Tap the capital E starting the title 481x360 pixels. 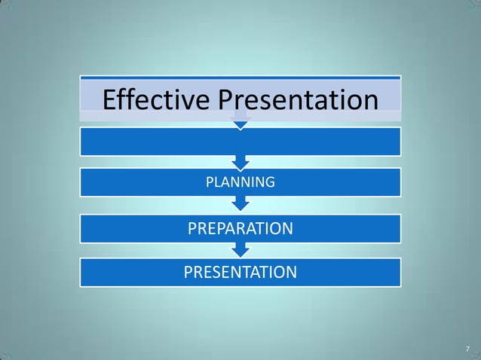click(110, 99)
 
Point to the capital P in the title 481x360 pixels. click(227, 99)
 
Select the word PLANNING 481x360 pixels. click(240, 182)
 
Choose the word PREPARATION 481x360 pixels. click(240, 227)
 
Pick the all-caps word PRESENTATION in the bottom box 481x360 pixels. click(240, 272)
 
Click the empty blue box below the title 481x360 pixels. click(240, 142)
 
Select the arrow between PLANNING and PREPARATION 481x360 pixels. click(240, 203)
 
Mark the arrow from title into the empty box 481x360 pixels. click(240, 123)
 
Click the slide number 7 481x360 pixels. click(467, 349)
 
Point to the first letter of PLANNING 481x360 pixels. click(210, 182)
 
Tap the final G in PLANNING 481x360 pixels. click(270, 182)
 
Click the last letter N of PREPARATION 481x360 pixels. click(287, 227)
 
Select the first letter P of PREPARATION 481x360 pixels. click(192, 227)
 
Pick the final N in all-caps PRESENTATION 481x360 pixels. click(291, 272)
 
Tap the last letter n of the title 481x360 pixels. click(369, 101)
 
